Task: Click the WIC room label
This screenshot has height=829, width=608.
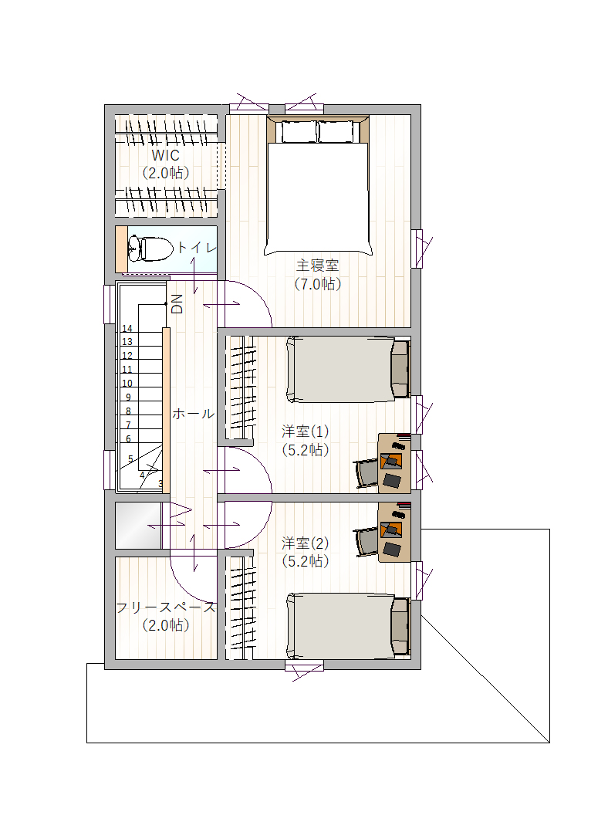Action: (x=165, y=155)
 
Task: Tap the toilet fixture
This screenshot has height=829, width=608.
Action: (x=150, y=249)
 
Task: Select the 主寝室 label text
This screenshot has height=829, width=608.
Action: (x=317, y=266)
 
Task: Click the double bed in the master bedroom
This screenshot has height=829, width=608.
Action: (x=317, y=185)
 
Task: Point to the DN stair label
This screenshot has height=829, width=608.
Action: (x=177, y=304)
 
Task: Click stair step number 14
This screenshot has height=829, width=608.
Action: (x=127, y=328)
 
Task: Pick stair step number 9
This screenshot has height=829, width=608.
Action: (x=128, y=397)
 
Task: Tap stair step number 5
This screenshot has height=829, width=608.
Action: (x=130, y=459)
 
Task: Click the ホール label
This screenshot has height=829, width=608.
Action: (x=194, y=414)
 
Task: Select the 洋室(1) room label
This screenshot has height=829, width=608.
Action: (x=306, y=431)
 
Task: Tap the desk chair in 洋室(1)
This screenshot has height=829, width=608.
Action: (x=366, y=473)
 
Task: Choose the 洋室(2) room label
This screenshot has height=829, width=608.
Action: (x=306, y=543)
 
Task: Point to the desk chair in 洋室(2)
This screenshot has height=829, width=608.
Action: (x=366, y=541)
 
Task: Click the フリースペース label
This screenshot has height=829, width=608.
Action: (x=166, y=607)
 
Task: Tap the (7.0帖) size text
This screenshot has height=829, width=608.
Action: (x=317, y=284)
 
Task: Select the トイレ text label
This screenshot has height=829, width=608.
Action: (x=196, y=248)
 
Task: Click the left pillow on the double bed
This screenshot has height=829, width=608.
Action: (x=299, y=132)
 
